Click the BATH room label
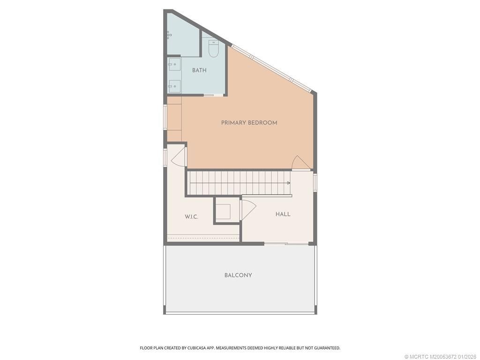pyautogui.click(x=199, y=70)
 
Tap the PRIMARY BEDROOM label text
pyautogui.click(x=249, y=123)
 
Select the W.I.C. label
pyautogui.click(x=191, y=217)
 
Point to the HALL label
pyautogui.click(x=283, y=214)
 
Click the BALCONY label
pyautogui.click(x=238, y=275)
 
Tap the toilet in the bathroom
pyautogui.click(x=214, y=49)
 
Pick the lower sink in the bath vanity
pyautogui.click(x=175, y=86)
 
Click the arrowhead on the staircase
pyautogui.click(x=288, y=183)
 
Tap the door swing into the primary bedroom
pyautogui.click(x=300, y=163)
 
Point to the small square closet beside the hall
pyautogui.click(x=223, y=211)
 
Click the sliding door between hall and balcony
pyautogui.click(x=286, y=243)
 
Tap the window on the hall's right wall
pyautogui.click(x=315, y=183)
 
